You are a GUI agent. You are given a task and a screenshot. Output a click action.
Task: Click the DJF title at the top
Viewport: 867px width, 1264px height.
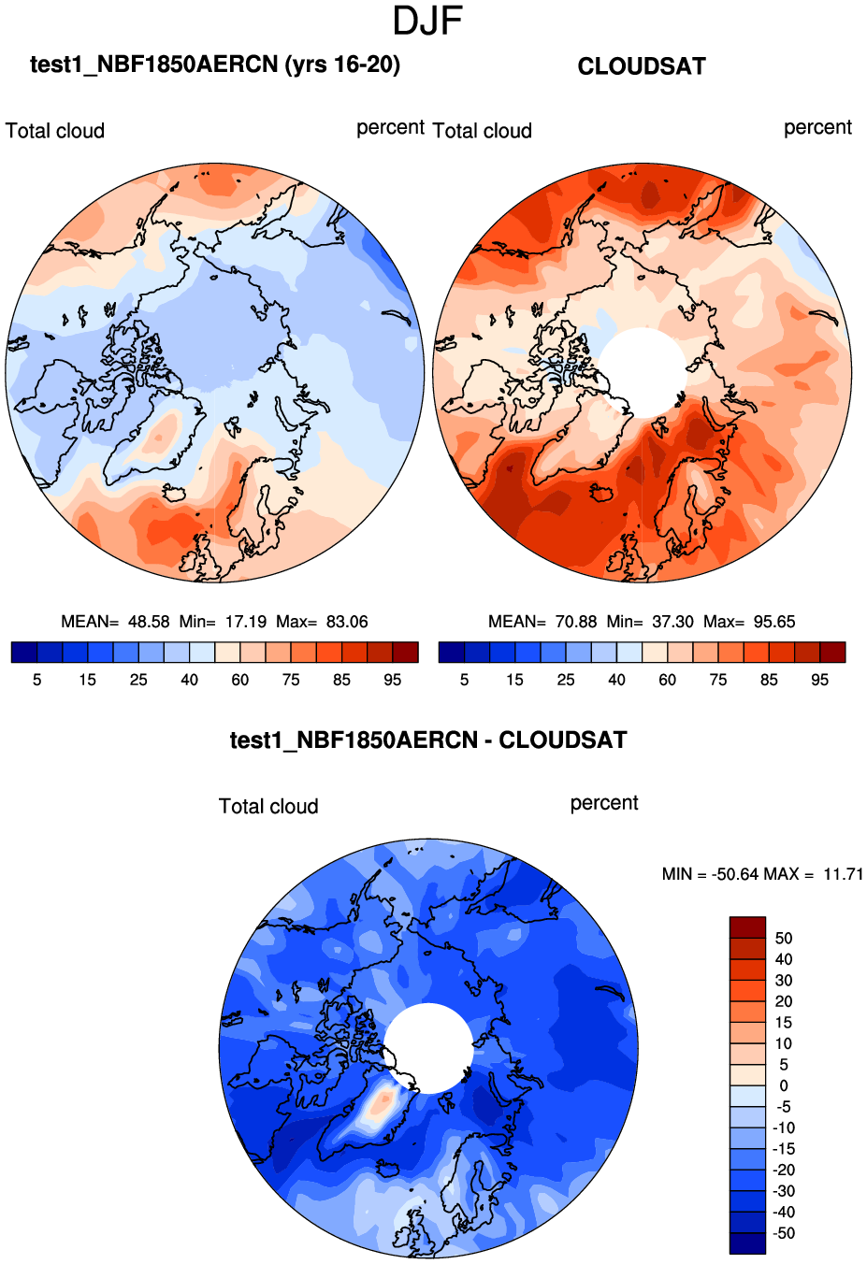[427, 22]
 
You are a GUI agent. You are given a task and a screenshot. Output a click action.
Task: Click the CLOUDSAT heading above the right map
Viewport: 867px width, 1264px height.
[642, 66]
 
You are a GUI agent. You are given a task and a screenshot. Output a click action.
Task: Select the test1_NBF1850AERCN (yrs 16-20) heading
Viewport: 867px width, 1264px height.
[215, 65]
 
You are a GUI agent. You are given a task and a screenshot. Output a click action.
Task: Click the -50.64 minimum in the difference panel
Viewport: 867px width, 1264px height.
[735, 874]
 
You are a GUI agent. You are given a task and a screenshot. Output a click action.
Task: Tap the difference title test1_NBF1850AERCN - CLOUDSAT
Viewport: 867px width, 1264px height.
[428, 740]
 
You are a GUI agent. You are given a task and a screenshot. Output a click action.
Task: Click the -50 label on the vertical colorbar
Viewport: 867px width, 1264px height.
[784, 1233]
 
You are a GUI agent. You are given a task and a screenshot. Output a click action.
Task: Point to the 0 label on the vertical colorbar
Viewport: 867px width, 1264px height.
[784, 1085]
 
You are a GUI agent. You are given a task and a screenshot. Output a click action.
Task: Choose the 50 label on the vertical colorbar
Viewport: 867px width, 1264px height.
[784, 938]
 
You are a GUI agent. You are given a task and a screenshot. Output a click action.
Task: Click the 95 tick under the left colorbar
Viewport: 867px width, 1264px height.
[393, 680]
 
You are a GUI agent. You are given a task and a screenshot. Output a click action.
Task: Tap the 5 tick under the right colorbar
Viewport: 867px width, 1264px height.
[464, 680]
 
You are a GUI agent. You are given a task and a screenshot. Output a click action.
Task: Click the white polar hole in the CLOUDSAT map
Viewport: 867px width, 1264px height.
[643, 371]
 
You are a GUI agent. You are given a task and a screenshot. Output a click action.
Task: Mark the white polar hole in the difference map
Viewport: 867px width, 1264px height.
[428, 1047]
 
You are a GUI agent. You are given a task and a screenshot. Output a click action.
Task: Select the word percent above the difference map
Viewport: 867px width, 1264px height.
[604, 803]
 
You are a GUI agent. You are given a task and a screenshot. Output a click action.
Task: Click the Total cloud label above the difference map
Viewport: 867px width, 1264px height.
[268, 806]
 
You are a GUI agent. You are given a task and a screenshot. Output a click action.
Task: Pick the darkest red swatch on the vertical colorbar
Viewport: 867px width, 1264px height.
[747, 927]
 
